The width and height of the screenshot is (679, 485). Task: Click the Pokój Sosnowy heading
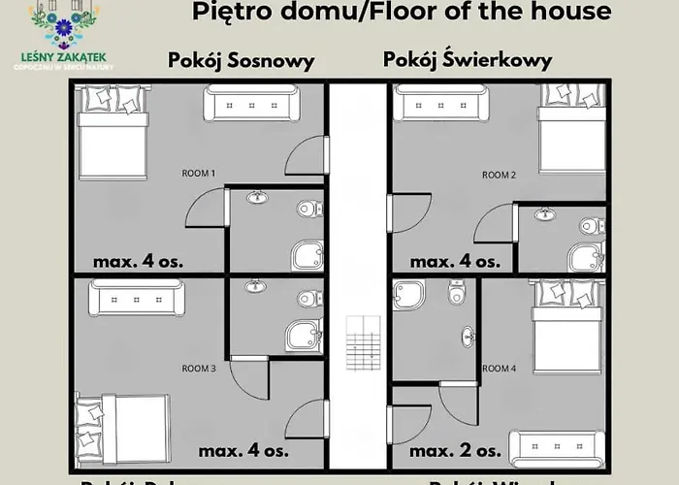pos(241,60)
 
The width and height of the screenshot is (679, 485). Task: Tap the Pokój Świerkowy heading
pos(468,59)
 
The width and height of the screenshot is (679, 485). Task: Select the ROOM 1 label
pos(198,173)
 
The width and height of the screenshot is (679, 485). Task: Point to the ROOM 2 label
pos(499,175)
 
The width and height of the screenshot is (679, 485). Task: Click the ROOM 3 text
pos(198,369)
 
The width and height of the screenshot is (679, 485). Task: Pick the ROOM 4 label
pos(499,369)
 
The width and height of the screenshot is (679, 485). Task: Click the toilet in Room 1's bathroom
pos(308,208)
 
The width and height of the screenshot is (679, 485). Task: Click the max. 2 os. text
pos(456,451)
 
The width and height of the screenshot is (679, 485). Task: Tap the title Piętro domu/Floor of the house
pos(402,13)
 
